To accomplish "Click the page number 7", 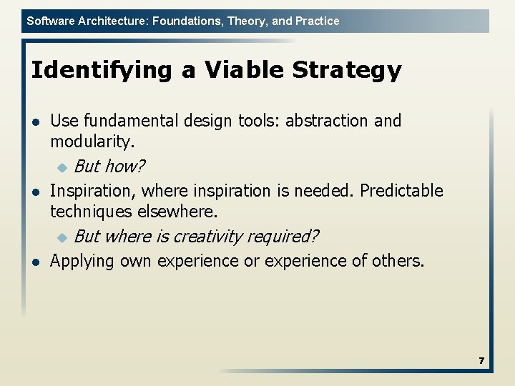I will coord(481,361).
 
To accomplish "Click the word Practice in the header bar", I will coord(316,21).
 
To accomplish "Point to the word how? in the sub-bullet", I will coord(125,167).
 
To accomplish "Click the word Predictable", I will coord(401,191).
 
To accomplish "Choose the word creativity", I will coord(208,237).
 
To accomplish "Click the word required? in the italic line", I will coord(284,237).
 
